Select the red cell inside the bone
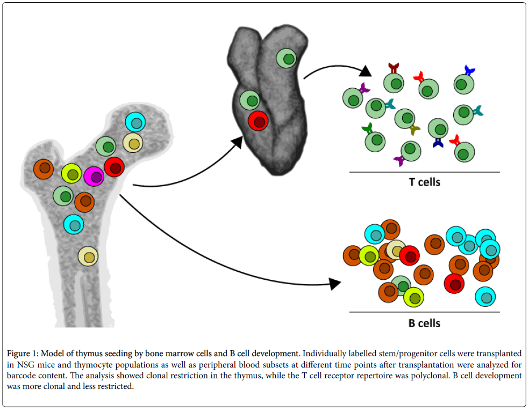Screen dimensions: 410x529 [x=115, y=167]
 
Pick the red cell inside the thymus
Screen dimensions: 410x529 [x=259, y=121]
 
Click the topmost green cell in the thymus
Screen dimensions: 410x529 [x=287, y=58]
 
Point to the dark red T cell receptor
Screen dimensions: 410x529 [x=394, y=68]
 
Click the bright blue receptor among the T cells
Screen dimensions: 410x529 [x=469, y=70]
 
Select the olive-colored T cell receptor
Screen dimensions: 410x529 [x=414, y=130]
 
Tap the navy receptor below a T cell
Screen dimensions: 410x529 [x=438, y=143]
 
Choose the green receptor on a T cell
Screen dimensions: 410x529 [x=367, y=129]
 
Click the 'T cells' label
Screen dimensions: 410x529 [x=424, y=182]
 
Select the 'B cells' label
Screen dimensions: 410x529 [x=424, y=323]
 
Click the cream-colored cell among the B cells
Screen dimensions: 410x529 [x=396, y=250]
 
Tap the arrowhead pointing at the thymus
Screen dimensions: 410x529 [x=235, y=143]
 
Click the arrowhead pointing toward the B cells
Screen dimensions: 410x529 [x=334, y=284]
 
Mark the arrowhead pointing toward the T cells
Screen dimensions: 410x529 [x=365, y=71]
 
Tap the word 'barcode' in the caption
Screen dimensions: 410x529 [x=25, y=376]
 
